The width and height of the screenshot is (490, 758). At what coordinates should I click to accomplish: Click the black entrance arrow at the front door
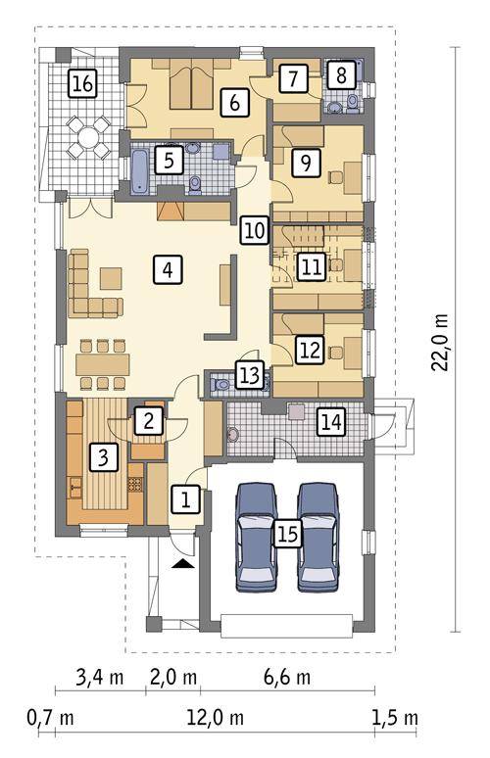pyautogui.click(x=183, y=565)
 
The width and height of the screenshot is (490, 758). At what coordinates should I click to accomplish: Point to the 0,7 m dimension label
pyautogui.click(x=51, y=717)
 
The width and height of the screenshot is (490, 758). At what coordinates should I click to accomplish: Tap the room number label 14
pyautogui.click(x=331, y=422)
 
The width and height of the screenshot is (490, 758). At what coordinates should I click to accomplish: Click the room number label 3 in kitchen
pyautogui.click(x=101, y=454)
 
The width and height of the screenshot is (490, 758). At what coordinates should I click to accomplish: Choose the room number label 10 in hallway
pyautogui.click(x=254, y=231)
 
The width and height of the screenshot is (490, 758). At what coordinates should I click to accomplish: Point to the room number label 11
pyautogui.click(x=311, y=266)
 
